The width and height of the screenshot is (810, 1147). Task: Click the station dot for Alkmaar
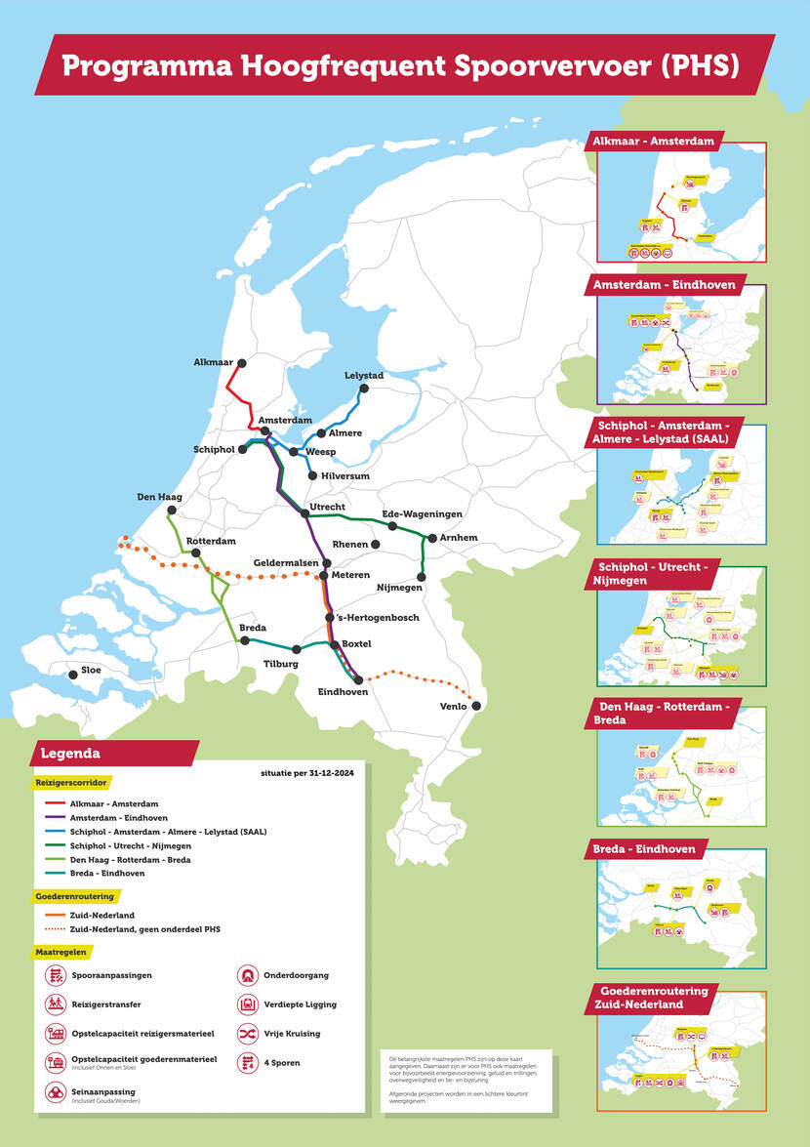pyautogui.click(x=241, y=363)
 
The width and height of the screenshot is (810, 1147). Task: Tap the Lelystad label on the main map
pyautogui.click(x=364, y=376)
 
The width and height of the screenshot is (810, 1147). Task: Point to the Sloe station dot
pyautogui.click(x=72, y=674)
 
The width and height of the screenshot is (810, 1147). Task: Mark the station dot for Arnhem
pyautogui.click(x=430, y=538)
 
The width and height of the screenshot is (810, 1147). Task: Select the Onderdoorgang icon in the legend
pyautogui.click(x=247, y=974)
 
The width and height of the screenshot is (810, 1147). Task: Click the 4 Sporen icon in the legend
pyautogui.click(x=247, y=1061)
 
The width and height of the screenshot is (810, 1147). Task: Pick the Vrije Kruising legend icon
pyautogui.click(x=247, y=1033)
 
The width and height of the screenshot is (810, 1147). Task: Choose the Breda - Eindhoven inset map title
pyautogui.click(x=645, y=848)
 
